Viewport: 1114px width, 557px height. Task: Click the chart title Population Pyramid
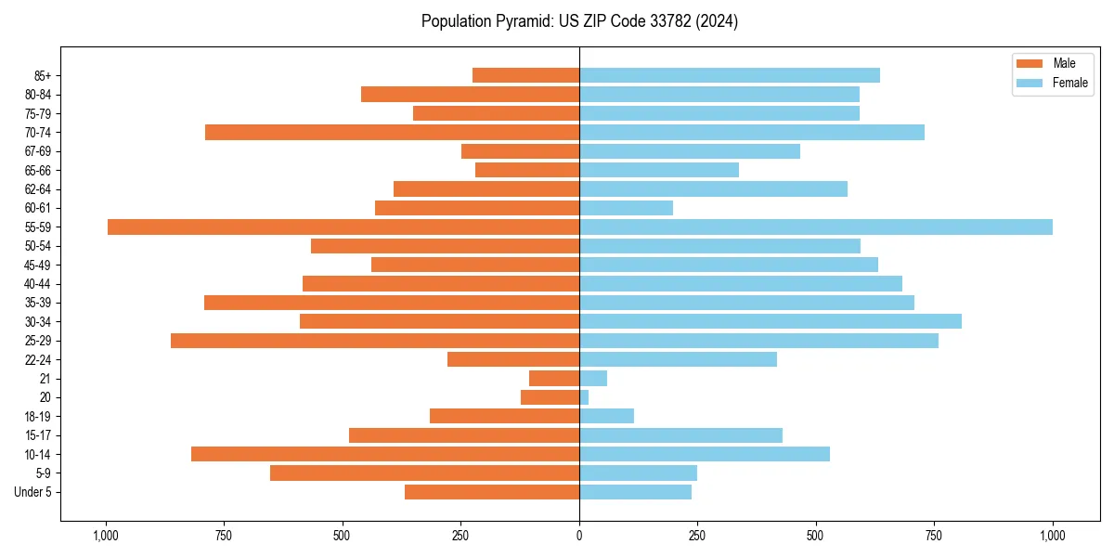(x=579, y=21)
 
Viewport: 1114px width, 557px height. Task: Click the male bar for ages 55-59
(x=343, y=227)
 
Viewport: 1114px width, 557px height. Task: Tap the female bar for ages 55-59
(x=816, y=227)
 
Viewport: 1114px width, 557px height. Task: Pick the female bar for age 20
(x=584, y=397)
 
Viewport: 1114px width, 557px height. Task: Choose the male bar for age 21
(x=554, y=378)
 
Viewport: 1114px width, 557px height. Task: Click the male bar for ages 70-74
(x=392, y=132)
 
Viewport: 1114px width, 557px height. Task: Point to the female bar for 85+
(x=730, y=75)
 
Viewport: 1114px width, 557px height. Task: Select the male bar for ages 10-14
(x=385, y=454)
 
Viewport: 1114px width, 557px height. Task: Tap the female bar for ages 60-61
(x=626, y=208)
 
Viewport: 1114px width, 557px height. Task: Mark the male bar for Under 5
(x=492, y=492)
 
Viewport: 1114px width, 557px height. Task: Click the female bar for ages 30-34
(x=771, y=321)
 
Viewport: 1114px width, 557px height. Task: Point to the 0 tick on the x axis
(x=579, y=536)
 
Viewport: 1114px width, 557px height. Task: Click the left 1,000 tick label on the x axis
(x=106, y=536)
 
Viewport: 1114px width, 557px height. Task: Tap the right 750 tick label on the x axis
(x=934, y=536)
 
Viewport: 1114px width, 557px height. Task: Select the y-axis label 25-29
(x=37, y=341)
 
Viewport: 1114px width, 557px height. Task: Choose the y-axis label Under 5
(x=32, y=492)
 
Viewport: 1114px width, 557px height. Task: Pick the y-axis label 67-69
(x=37, y=151)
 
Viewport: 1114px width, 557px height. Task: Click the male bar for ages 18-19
(x=504, y=416)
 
